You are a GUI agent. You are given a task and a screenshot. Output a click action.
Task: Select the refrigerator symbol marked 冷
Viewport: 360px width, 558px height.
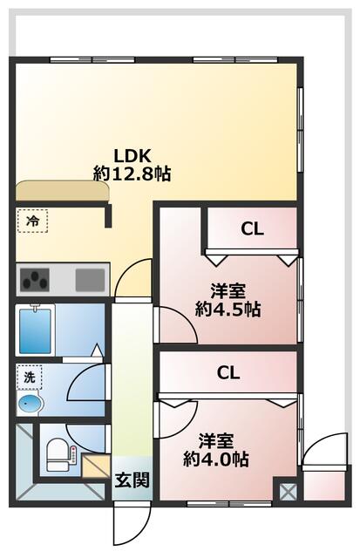coord(31,221)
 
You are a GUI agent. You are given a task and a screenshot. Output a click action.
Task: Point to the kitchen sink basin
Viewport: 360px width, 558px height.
coord(89,280)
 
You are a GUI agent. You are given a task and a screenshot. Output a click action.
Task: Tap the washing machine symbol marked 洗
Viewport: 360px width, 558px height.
coord(29,378)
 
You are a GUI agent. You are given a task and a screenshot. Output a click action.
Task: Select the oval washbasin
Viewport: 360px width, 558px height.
coord(30,404)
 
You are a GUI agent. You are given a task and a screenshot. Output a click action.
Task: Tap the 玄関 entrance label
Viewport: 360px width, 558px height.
coord(132,479)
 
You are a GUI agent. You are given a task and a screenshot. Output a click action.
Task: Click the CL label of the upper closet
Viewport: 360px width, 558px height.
coord(253,230)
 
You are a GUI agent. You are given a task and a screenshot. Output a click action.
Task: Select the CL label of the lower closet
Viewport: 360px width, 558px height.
coord(228,373)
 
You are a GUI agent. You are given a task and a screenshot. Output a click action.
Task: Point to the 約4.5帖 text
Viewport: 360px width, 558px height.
coord(229,309)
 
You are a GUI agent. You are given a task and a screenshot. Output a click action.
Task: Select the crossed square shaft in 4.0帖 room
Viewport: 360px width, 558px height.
coord(286,491)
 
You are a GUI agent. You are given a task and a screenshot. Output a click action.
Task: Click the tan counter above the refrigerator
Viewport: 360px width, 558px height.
coord(60,190)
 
